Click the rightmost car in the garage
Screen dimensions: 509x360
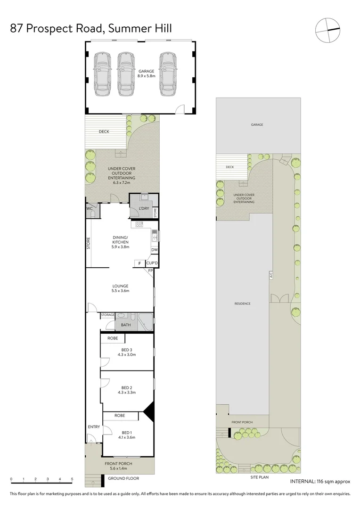coord(168,73)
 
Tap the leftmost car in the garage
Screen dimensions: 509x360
coord(103,73)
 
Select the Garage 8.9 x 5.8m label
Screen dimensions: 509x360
coord(146,74)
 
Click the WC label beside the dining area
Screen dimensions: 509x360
coord(89,208)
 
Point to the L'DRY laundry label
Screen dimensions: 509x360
coord(144,208)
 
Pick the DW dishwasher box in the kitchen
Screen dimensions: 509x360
coord(155,250)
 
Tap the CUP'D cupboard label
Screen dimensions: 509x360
coord(152,263)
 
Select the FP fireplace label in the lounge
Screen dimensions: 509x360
coord(150,271)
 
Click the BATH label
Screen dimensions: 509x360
coord(126,325)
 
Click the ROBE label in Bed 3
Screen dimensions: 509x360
coord(113,338)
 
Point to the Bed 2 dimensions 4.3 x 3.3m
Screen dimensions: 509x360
coord(126,392)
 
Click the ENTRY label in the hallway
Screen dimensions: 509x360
coord(94,427)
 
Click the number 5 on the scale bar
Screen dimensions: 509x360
coord(72,479)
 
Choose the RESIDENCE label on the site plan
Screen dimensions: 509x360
coord(243,304)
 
